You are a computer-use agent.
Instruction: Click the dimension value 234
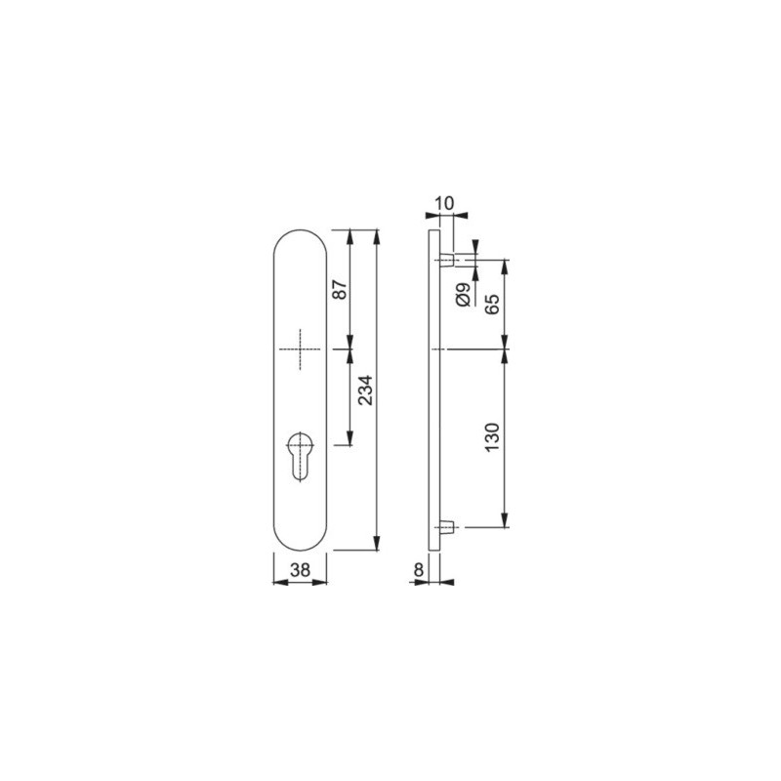[366, 390]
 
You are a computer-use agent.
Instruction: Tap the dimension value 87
[340, 290]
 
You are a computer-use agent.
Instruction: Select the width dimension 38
[301, 569]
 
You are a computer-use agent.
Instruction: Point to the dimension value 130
[492, 437]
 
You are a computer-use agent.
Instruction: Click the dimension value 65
[492, 304]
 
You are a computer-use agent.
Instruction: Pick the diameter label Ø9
[463, 294]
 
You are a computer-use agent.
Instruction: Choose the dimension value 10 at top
[445, 203]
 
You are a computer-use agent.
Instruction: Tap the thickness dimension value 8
[419, 569]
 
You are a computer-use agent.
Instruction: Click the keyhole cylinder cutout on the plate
[301, 455]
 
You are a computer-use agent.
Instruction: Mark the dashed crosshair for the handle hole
[300, 349]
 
